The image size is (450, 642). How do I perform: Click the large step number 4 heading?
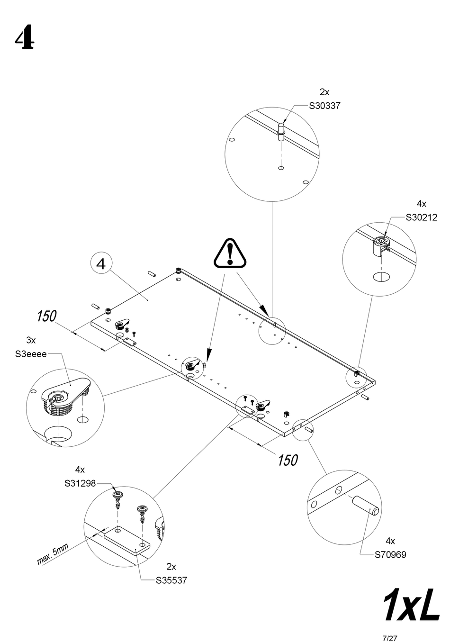tap(24, 39)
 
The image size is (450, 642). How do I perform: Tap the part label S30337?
tap(324, 106)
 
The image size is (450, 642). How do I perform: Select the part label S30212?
tap(421, 218)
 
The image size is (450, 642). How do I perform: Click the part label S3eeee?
tap(31, 354)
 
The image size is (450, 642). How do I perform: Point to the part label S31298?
tap(80, 484)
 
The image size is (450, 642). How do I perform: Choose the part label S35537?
tap(171, 580)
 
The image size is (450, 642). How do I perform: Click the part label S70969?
tap(390, 554)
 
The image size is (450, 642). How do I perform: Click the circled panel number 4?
tap(101, 263)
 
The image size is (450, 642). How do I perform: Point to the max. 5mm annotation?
tap(53, 554)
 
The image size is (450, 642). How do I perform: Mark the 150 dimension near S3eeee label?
tap(46, 316)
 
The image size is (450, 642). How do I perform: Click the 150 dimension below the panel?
tap(288, 460)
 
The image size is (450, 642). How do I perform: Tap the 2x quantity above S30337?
tap(324, 92)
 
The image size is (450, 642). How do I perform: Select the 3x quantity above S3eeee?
tap(31, 340)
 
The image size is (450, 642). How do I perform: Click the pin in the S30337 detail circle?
tap(281, 131)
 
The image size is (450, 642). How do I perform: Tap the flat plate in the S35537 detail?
tap(127, 540)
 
